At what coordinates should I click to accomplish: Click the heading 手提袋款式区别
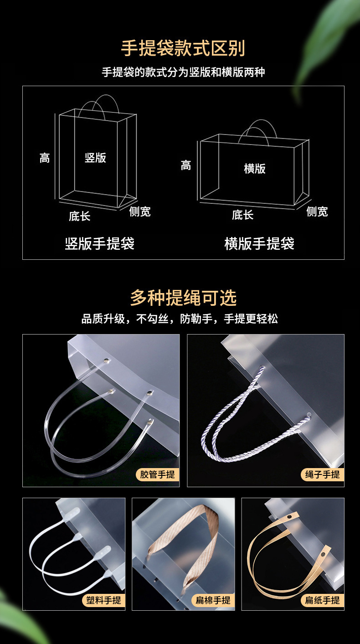183,48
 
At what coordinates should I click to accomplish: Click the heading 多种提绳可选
183,298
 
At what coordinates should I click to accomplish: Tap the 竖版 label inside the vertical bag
96,158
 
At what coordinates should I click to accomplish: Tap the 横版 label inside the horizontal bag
254,169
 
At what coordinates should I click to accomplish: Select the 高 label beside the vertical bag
44,158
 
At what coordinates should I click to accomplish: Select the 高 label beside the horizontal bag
185,165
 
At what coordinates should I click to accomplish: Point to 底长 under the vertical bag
80,216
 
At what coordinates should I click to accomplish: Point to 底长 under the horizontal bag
242,215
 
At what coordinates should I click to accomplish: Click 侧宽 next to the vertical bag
139,211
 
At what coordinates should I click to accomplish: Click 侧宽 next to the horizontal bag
317,211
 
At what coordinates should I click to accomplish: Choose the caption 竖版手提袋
100,243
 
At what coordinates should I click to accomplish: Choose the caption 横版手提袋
259,243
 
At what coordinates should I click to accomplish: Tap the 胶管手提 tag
157,474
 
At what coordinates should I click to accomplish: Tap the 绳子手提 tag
322,474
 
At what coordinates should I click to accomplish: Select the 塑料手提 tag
103,600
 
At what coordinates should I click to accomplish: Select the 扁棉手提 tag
213,600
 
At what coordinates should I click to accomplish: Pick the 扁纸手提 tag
322,600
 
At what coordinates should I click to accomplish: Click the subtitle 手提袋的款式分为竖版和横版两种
183,72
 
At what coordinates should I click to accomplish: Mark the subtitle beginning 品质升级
180,319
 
